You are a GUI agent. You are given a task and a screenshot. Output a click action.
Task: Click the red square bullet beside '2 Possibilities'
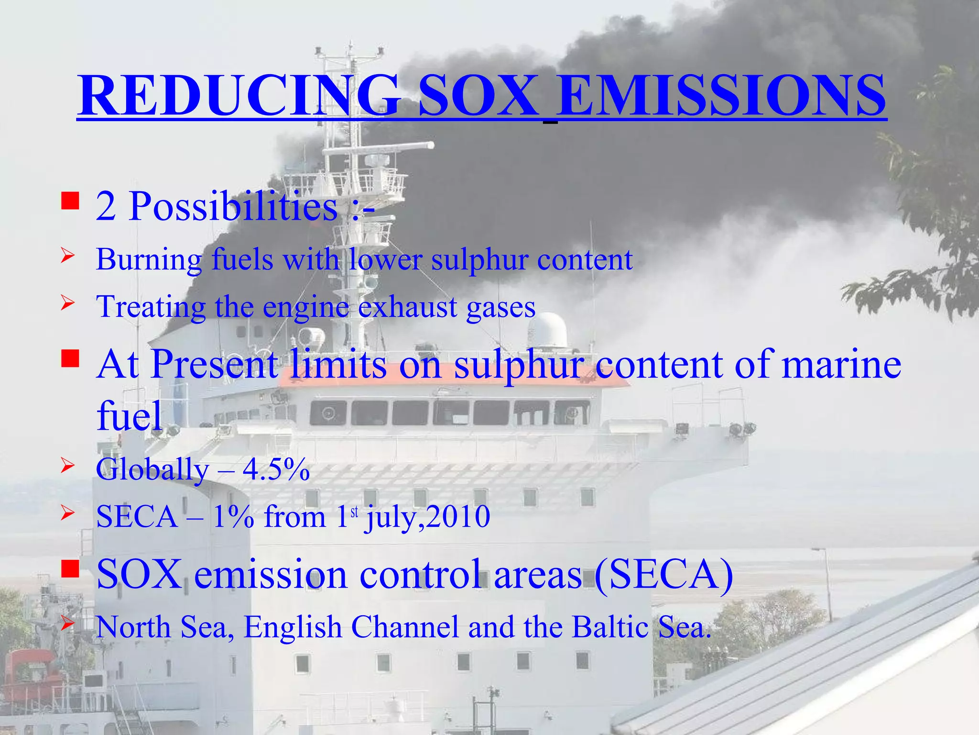point(70,201)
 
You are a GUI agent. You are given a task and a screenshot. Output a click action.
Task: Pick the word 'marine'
point(841,365)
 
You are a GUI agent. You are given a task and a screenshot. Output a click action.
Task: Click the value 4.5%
point(276,469)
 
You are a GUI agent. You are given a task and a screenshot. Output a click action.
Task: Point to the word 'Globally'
point(152,469)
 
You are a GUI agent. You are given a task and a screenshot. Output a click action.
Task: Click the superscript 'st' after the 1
point(354,512)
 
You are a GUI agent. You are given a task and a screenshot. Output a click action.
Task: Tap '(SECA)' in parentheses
point(664,574)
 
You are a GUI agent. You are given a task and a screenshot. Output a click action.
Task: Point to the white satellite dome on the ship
point(547,330)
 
